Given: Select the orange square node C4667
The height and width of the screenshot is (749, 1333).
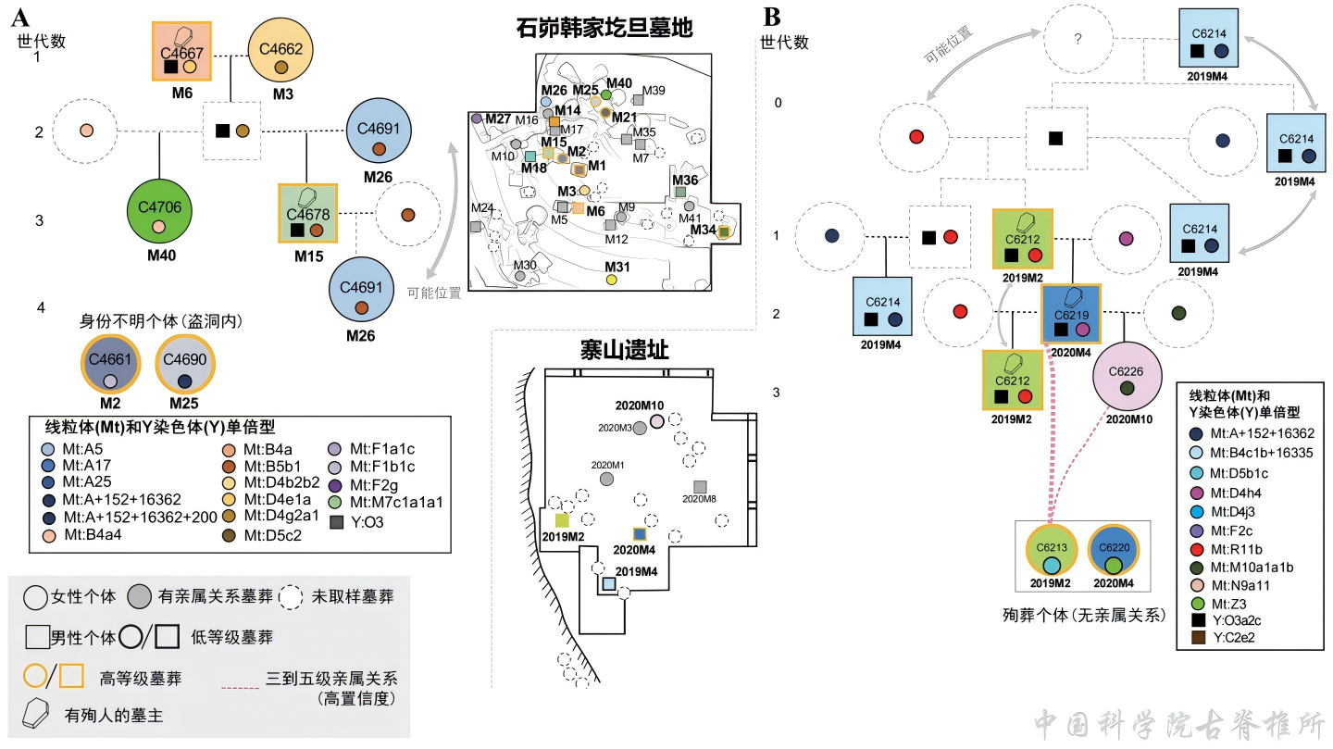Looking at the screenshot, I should pos(181,52).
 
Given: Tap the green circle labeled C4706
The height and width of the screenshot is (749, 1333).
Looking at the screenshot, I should pos(159,211).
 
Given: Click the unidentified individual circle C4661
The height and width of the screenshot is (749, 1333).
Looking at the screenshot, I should pos(110,367).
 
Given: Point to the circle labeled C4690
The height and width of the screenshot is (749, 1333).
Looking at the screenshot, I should pos(184,367).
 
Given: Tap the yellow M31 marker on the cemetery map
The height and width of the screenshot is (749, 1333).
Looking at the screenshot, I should pos(611,279).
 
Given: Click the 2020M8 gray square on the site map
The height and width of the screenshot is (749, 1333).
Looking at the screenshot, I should pos(701,487).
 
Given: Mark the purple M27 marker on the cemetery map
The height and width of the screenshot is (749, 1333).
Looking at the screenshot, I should pos(477,119).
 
